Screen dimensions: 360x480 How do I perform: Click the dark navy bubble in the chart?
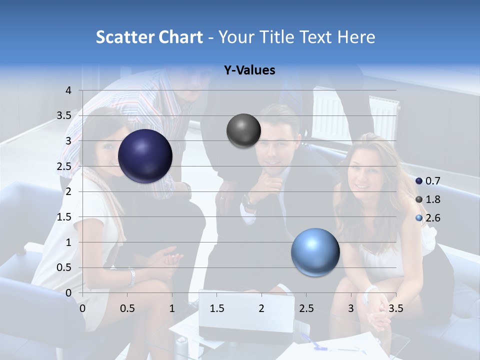click(145, 156)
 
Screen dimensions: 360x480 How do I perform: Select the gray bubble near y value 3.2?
click(243, 130)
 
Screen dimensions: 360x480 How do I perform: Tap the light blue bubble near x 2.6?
click(315, 252)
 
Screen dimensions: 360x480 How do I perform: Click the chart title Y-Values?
click(249, 70)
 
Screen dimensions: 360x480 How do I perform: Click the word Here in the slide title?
click(356, 37)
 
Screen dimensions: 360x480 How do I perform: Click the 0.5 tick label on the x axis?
click(127, 308)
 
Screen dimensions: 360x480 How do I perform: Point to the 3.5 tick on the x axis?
click(395, 308)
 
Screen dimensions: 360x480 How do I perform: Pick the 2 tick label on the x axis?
click(261, 308)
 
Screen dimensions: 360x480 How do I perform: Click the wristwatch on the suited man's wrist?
click(247, 201)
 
